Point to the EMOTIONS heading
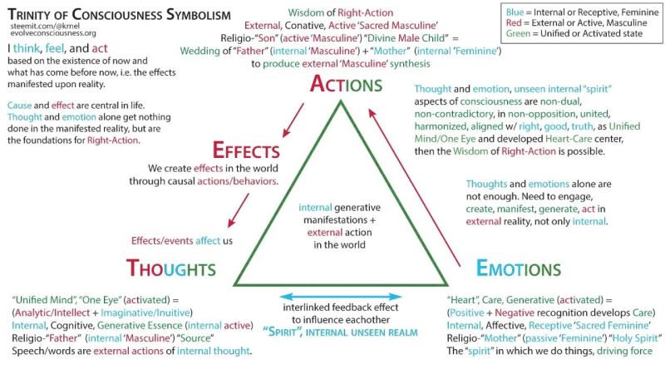pyautogui.click(x=519, y=268)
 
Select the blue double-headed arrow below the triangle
pyautogui.click(x=341, y=296)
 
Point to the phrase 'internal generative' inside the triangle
pyautogui.click(x=338, y=208)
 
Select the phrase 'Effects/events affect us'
pyautogui.click(x=181, y=241)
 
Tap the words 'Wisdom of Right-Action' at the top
pyautogui.click(x=341, y=12)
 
